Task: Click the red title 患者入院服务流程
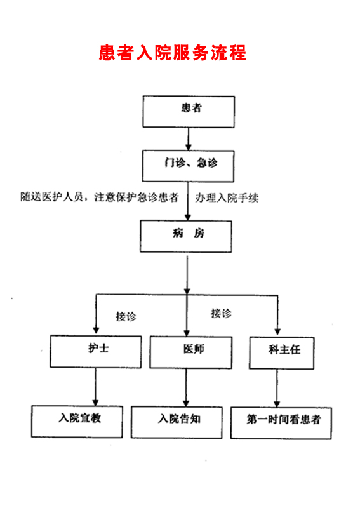(172, 53)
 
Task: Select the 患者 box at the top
(189, 112)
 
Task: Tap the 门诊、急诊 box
(189, 166)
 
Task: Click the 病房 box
(186, 236)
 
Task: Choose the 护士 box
(96, 352)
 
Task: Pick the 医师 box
(191, 352)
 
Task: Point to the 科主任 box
(281, 353)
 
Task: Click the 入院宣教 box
(77, 422)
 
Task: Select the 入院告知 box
(177, 422)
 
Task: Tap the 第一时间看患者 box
(281, 423)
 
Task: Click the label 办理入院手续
(227, 198)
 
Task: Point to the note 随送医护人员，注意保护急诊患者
(100, 197)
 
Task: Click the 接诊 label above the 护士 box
(126, 316)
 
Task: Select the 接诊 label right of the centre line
(221, 313)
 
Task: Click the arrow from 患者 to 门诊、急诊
(189, 139)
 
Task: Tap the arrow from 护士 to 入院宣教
(95, 387)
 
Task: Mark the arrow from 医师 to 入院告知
(186, 387)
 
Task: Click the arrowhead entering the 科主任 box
(278, 332)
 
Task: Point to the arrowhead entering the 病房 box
(188, 217)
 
